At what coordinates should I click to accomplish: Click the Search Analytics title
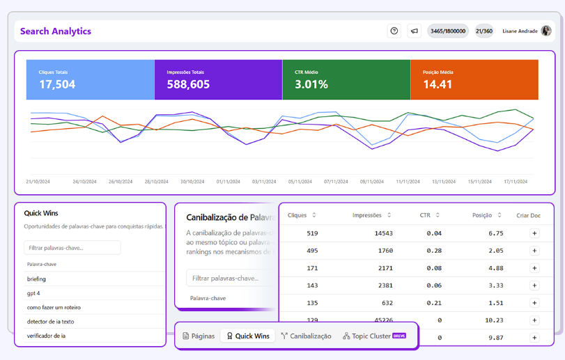56,31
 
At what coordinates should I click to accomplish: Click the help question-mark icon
394,31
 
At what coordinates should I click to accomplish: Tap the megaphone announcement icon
414,31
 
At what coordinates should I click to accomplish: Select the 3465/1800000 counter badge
448,31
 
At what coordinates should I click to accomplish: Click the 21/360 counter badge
484,31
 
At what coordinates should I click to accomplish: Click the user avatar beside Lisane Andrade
546,31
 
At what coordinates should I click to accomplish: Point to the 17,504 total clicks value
57,84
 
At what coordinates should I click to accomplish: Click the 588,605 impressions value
188,84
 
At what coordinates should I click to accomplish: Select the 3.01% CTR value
311,84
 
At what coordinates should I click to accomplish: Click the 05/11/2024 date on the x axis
300,182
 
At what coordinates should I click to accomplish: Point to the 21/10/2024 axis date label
38,182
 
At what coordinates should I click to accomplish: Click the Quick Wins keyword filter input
72,248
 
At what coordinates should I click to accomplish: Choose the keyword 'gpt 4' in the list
34,293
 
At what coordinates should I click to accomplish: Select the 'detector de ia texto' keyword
51,322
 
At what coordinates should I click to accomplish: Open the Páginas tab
199,336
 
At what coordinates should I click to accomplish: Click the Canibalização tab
306,336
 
